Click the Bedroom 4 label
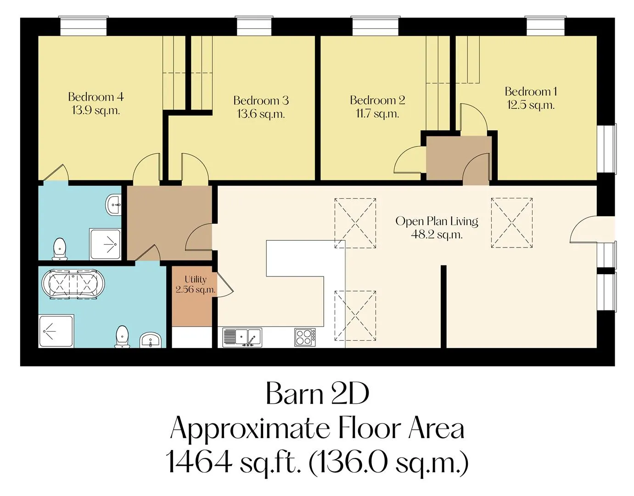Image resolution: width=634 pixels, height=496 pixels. (x=96, y=96)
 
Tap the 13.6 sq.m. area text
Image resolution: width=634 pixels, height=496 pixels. (x=261, y=114)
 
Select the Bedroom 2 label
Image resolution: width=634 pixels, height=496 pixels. (x=377, y=100)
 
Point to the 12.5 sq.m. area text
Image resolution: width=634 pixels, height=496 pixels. (x=531, y=105)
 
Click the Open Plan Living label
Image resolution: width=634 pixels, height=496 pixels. (x=437, y=221)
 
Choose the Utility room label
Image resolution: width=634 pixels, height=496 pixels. (x=196, y=279)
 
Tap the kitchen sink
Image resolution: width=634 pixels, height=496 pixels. (x=242, y=337)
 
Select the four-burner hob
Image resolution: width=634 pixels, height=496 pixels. (x=305, y=337)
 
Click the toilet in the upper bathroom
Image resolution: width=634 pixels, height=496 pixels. (x=60, y=249)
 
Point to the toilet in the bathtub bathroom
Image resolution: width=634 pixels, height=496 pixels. (x=122, y=337)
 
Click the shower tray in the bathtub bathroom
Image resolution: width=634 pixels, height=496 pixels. (x=56, y=331)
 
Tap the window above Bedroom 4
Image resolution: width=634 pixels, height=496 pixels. (x=84, y=26)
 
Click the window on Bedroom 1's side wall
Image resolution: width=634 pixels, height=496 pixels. (x=607, y=149)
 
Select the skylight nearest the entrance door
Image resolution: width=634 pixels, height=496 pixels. (x=512, y=223)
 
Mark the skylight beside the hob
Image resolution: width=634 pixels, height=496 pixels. (x=355, y=316)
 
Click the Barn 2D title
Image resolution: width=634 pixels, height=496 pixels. (x=317, y=394)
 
